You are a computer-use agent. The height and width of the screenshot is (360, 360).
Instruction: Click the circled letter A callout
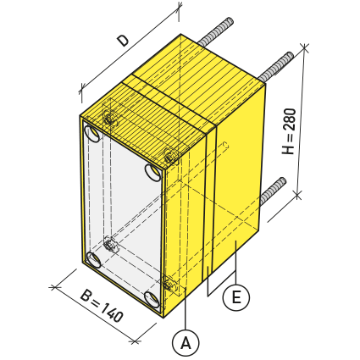186,342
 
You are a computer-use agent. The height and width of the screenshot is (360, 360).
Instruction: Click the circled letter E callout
236,297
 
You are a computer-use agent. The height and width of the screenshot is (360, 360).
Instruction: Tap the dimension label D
124,41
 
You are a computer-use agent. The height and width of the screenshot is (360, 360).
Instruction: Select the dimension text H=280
289,131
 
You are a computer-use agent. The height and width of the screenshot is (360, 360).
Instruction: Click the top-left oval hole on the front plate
93,133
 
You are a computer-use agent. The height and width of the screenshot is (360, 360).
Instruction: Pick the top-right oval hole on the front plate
153,172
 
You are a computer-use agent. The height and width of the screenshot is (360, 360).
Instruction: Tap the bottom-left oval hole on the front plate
93,260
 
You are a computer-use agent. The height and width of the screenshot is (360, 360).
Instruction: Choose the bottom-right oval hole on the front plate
152,300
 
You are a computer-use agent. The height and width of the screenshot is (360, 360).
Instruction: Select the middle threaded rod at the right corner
276,67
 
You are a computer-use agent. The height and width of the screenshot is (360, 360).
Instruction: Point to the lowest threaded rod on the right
273,191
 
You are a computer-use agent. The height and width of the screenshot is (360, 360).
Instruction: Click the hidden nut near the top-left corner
108,116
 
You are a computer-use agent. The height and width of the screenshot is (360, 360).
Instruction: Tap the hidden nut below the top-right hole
170,155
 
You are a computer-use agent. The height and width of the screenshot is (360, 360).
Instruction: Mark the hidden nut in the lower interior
111,245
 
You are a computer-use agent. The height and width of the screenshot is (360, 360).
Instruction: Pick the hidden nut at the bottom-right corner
169,284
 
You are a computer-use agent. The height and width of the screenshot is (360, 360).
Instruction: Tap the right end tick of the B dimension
135,341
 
